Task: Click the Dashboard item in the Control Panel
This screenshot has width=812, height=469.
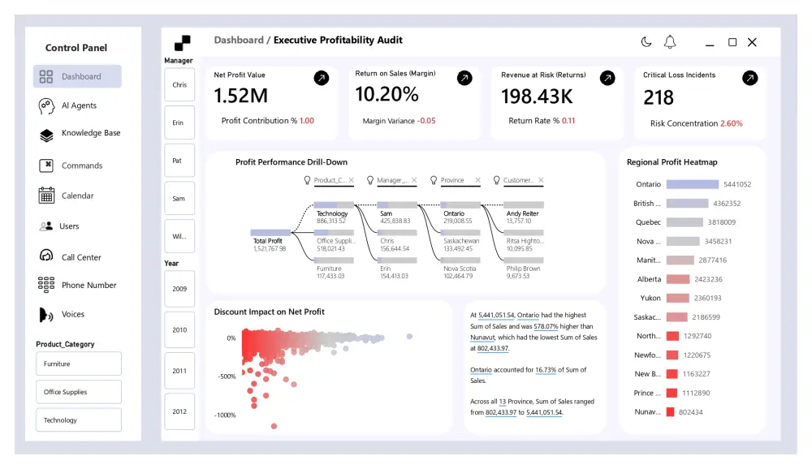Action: click(77, 77)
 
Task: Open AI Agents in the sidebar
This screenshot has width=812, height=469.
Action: click(78, 105)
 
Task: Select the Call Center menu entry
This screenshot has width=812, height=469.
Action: click(80, 257)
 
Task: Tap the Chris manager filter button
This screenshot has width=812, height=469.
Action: click(179, 84)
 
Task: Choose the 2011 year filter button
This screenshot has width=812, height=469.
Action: click(179, 371)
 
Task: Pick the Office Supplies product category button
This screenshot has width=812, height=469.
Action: click(78, 392)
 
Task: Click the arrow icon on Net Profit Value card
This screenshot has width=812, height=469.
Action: click(322, 78)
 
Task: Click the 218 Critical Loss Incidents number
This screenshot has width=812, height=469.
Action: click(659, 98)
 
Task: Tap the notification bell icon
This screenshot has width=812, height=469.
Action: click(670, 42)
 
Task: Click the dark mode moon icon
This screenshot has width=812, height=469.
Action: click(646, 42)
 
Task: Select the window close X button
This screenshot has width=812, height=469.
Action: click(752, 42)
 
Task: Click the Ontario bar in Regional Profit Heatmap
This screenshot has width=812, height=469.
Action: click(692, 184)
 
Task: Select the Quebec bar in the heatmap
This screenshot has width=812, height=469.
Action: click(684, 222)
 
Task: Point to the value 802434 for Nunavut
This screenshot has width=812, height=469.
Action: click(691, 412)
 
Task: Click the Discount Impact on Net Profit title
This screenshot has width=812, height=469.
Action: click(269, 312)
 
